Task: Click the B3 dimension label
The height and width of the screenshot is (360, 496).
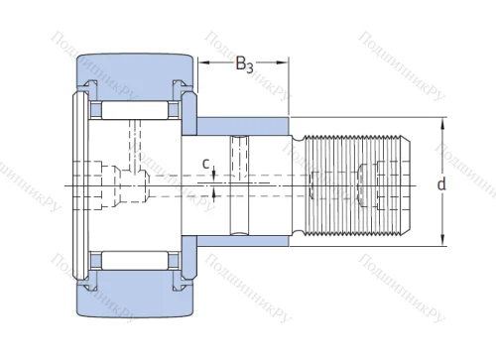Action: coord(244,67)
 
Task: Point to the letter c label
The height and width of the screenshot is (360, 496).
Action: coord(204,164)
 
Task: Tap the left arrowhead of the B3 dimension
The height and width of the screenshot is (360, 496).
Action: coord(202,64)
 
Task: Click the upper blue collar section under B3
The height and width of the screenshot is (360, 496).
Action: coord(244,126)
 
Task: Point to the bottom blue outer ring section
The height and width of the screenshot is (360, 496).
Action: coord(129,295)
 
